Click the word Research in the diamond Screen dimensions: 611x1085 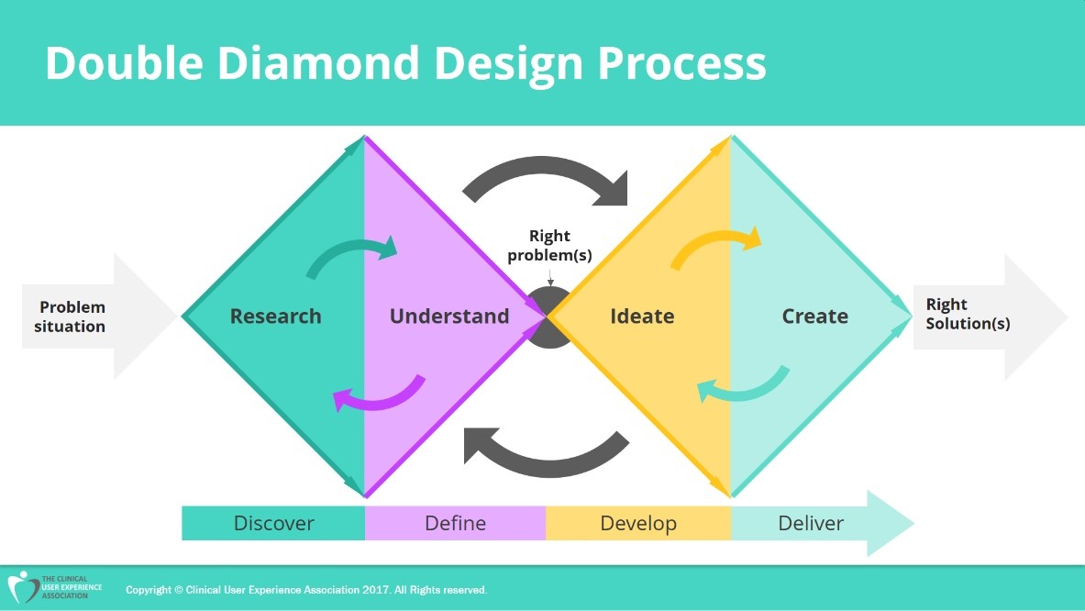click(275, 317)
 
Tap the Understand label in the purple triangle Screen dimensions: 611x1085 click(448, 317)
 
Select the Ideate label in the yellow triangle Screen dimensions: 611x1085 click(642, 317)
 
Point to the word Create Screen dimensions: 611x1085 click(814, 317)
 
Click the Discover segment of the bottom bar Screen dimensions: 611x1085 click(273, 524)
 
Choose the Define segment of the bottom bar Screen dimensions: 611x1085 click(455, 524)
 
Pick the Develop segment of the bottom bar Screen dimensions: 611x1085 click(638, 524)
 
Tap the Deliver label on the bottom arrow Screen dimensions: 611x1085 click(811, 524)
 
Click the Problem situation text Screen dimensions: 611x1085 click(72, 317)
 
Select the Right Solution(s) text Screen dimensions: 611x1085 click(967, 314)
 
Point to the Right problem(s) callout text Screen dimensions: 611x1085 click(549, 246)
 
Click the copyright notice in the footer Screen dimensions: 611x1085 click(306, 590)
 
